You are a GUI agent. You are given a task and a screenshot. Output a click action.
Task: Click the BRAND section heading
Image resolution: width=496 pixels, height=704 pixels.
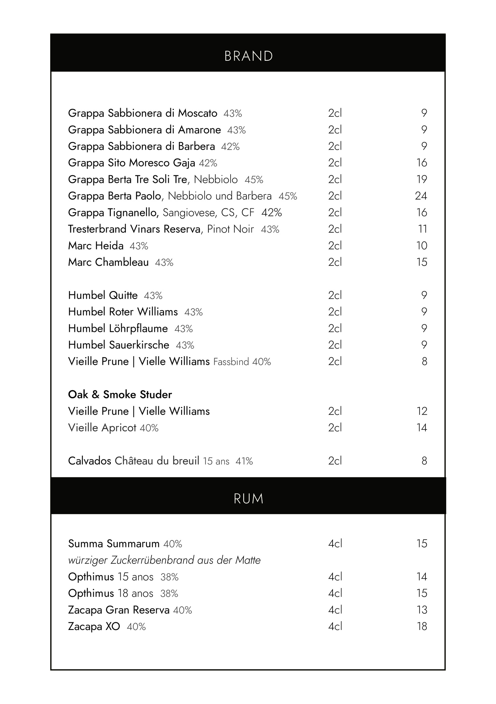tap(249, 56)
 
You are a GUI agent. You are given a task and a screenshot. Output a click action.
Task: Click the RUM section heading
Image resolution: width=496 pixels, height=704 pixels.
tap(249, 499)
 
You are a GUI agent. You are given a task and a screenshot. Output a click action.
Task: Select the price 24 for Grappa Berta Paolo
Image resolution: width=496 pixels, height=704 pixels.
tap(421, 196)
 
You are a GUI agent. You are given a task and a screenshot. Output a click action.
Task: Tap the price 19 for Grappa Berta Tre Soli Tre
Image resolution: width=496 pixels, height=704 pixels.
tap(422, 179)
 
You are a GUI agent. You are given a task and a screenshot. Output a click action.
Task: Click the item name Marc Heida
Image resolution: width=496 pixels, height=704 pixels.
tap(96, 246)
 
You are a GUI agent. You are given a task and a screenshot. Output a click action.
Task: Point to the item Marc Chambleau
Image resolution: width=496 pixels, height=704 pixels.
tap(108, 262)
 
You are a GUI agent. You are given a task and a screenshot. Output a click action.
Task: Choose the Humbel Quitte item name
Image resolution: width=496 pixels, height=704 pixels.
tap(103, 295)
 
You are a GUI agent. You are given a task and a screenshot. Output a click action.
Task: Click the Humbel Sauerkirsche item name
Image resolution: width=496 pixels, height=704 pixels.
tap(119, 345)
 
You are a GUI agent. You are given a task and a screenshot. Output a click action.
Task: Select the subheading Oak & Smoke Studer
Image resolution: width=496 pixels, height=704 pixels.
tap(120, 395)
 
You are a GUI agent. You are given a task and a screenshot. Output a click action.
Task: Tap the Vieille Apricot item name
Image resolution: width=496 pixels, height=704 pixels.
tap(102, 428)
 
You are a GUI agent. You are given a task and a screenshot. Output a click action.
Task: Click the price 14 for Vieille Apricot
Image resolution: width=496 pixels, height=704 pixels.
tap(422, 428)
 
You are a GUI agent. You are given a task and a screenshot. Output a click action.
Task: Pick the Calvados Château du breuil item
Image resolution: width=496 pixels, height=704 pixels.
tap(134, 461)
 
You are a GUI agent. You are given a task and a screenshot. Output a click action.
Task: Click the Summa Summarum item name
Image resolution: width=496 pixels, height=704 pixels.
tap(114, 543)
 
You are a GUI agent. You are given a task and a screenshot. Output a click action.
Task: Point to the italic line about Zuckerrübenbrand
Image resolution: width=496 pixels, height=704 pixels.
tap(164, 560)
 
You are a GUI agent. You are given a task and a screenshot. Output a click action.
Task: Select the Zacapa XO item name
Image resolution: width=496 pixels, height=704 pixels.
tap(94, 627)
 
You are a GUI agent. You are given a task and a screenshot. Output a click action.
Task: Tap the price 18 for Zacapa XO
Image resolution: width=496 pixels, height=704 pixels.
tap(422, 627)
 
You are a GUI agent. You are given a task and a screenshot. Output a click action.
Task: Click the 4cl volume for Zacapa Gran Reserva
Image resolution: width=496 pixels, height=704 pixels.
tap(335, 610)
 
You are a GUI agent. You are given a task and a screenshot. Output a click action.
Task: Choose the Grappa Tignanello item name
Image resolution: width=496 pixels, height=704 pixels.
tap(114, 212)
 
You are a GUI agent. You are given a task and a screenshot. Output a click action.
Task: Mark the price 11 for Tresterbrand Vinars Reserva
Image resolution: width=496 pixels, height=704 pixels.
tap(422, 229)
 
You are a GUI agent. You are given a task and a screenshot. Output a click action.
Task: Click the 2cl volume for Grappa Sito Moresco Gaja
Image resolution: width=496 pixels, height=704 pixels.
tap(335, 163)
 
